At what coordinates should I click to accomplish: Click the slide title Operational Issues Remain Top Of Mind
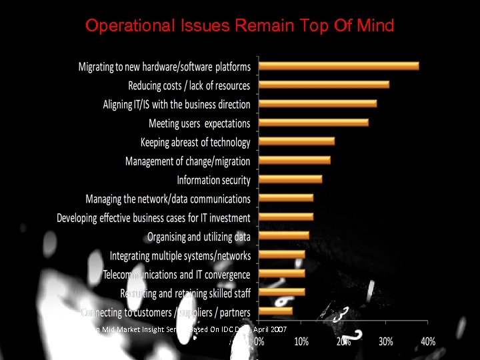(x=240, y=26)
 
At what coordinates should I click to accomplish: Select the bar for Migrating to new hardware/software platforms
(x=339, y=66)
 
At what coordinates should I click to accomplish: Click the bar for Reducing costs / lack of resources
(x=324, y=85)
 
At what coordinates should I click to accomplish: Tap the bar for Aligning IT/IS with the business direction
(x=317, y=103)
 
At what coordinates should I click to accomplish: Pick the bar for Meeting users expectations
(x=313, y=123)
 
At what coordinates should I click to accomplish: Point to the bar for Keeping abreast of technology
(x=297, y=141)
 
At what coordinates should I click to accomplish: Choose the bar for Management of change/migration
(x=295, y=160)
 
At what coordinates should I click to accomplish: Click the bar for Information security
(x=290, y=179)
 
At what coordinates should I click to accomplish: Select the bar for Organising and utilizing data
(x=284, y=235)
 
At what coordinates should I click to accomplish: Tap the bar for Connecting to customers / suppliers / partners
(x=275, y=311)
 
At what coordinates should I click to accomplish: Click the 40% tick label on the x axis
(x=428, y=341)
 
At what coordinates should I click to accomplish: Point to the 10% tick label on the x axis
(x=301, y=341)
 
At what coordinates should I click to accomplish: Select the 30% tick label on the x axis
(x=386, y=341)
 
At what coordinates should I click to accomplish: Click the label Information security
(x=213, y=180)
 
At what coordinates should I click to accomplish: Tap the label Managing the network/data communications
(x=168, y=199)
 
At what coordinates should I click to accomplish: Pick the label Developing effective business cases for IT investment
(x=153, y=218)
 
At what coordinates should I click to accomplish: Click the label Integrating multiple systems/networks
(x=180, y=256)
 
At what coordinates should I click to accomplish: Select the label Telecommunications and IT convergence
(x=177, y=275)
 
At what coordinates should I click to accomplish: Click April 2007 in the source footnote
(x=270, y=330)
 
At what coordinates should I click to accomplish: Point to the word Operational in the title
(x=125, y=26)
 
